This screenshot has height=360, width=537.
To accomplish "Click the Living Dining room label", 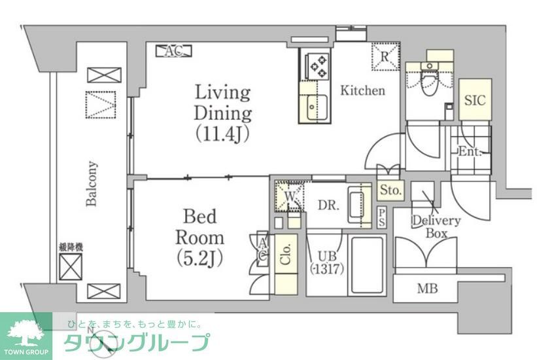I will pos(222,112).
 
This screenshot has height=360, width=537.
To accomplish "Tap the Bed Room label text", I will pos(203,236).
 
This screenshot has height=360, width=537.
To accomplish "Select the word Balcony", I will pos(92,184).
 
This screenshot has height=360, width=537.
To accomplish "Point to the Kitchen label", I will pos(362,91).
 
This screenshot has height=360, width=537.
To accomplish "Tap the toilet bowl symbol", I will pos(430,82).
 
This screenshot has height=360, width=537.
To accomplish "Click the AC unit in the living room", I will pos(173,50).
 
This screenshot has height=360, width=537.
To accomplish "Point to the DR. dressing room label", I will pos(328,205).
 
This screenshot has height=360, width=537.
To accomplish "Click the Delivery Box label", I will pos(436,226).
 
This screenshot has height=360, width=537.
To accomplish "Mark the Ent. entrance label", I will pos(469,152).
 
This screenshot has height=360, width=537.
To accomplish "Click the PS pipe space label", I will pos(382,218).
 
